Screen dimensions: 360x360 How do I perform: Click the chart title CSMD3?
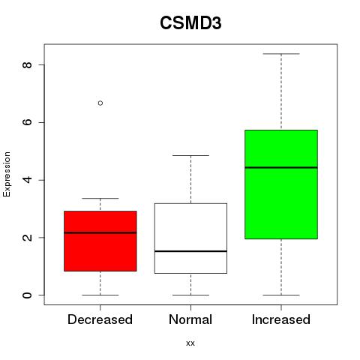(190, 23)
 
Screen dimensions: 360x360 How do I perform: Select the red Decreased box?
(100, 241)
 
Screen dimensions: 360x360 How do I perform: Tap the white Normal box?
(190, 238)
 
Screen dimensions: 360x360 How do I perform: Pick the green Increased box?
(281, 184)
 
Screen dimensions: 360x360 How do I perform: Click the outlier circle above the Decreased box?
(100, 103)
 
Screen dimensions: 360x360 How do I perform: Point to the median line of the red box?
(100, 232)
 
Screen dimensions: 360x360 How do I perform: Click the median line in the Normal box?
(190, 251)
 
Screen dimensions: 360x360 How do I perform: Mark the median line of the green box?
(281, 167)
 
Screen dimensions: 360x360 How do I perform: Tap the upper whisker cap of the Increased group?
(281, 54)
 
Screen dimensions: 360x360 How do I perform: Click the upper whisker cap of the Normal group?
(190, 155)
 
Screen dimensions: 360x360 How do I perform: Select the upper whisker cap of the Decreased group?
(100, 199)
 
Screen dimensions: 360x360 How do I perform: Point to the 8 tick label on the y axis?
(28, 64)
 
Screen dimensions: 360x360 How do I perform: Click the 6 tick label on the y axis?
(28, 122)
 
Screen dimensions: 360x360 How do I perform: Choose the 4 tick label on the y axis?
(28, 180)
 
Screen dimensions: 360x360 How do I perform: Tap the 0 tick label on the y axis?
(28, 295)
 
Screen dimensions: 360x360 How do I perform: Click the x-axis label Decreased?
(100, 319)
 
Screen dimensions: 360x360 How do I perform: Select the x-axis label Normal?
(190, 319)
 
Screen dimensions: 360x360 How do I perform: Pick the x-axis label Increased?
(281, 319)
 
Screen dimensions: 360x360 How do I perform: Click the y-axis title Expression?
(7, 174)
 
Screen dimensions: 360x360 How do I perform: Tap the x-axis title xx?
(190, 343)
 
